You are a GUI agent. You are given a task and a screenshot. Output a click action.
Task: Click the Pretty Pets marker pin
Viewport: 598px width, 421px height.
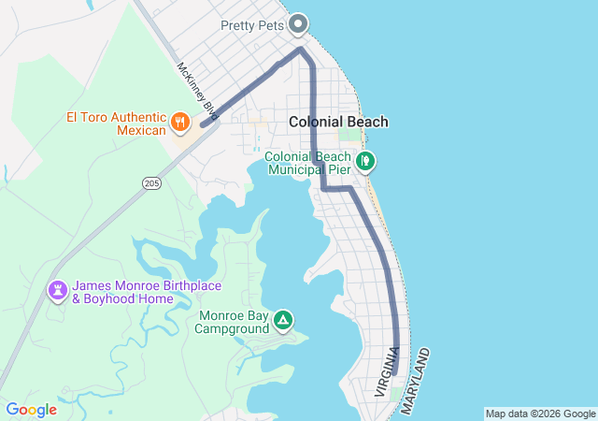(299, 22)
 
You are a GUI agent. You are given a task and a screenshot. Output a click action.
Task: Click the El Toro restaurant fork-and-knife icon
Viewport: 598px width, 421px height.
(179, 122)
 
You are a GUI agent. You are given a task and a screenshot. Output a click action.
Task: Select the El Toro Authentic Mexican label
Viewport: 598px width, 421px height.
(117, 123)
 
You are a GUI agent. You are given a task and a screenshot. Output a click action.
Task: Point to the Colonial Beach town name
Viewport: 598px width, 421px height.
(338, 122)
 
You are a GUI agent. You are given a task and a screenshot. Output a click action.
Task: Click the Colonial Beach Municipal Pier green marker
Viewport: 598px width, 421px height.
(366, 162)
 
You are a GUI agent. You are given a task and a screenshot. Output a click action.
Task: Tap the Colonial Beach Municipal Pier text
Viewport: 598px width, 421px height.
(308, 163)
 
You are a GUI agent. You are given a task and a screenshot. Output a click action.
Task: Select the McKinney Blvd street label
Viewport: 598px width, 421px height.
(196, 91)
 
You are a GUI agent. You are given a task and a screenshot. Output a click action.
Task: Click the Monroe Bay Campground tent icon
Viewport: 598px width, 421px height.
(282, 322)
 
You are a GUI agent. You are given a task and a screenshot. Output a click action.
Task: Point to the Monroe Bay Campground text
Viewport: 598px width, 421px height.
(232, 322)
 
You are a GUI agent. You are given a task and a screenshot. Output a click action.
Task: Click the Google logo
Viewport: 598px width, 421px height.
(31, 410)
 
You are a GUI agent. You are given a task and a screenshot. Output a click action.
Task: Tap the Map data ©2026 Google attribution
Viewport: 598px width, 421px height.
(540, 414)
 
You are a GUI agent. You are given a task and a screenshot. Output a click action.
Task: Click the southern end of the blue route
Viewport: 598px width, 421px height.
(395, 373)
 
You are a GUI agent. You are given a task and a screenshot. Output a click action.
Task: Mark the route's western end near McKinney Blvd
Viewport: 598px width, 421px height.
(203, 124)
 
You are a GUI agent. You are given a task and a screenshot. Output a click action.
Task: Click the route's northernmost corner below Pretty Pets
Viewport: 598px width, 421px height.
(300, 49)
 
